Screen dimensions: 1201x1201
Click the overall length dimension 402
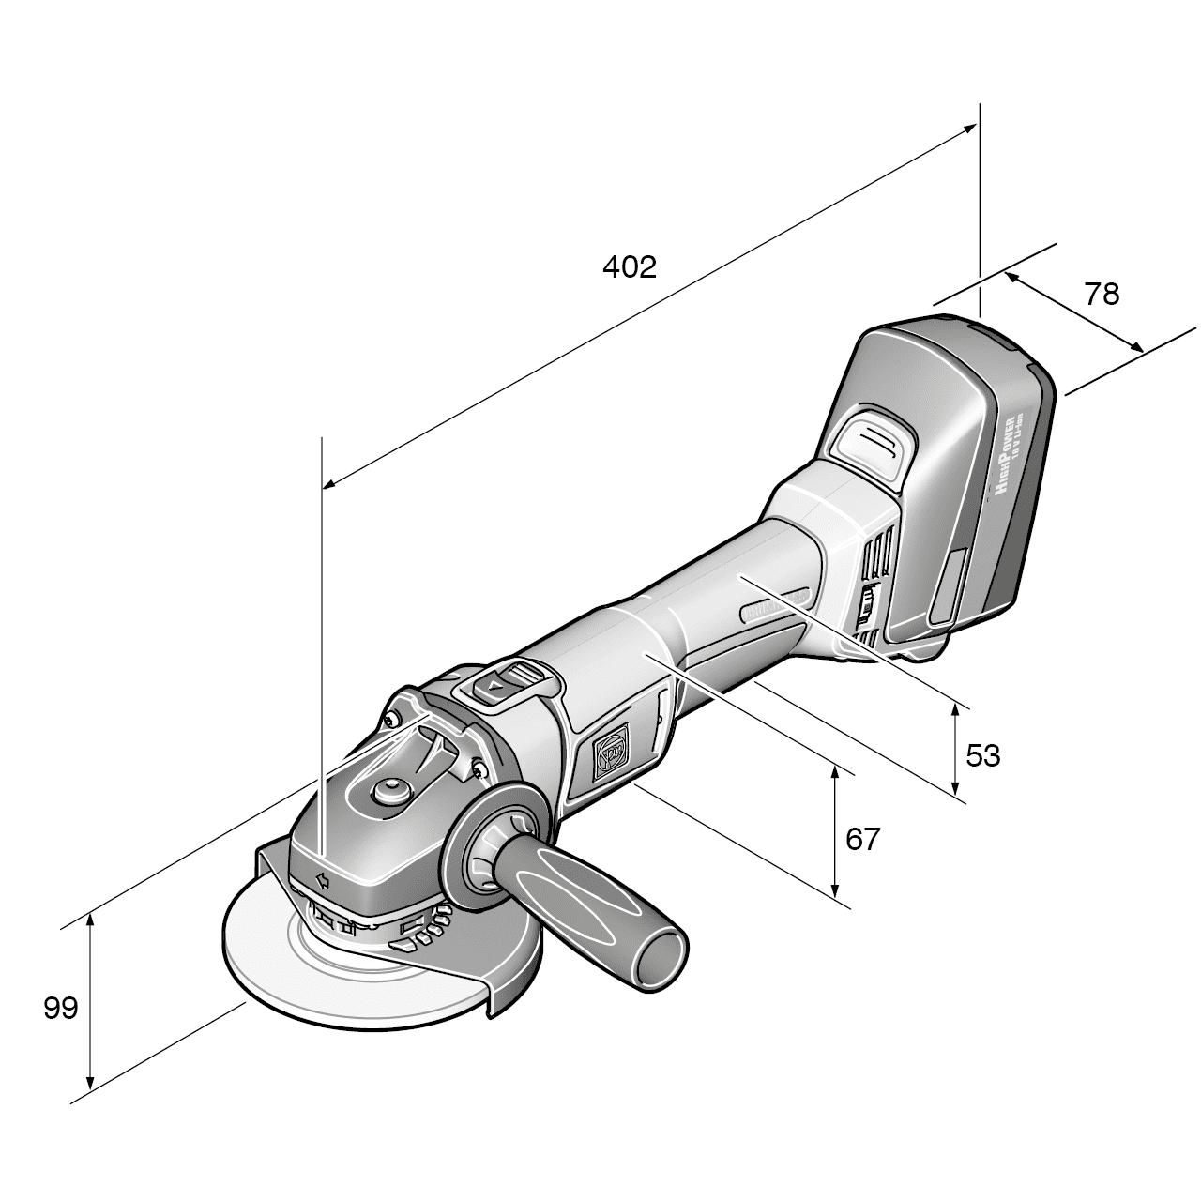(629, 267)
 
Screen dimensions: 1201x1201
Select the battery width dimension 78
(1102, 295)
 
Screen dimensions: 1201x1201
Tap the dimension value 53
(982, 755)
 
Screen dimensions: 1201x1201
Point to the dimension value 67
(863, 839)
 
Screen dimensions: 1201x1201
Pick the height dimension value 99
(60, 1009)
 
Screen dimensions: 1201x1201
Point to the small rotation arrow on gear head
(322, 880)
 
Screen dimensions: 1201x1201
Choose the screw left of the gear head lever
(391, 718)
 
